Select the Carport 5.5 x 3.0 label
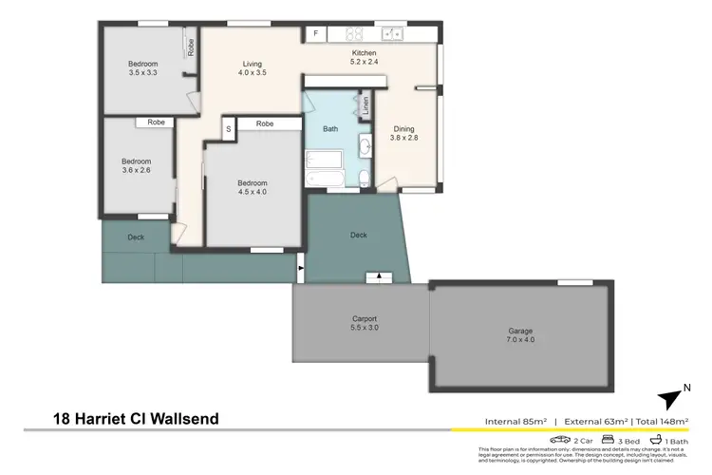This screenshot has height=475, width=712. click(x=360, y=324)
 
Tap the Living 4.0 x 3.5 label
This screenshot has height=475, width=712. click(x=252, y=69)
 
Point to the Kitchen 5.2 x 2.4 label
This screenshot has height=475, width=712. click(x=365, y=59)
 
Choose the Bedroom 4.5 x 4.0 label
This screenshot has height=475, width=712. click(x=253, y=188)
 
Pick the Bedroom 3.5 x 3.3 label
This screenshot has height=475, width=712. click(x=144, y=69)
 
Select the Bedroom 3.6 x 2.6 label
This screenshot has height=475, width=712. click(x=137, y=167)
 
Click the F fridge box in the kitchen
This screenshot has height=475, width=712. click(x=315, y=33)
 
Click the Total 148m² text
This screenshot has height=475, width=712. click(x=661, y=420)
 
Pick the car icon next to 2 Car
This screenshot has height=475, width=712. click(x=561, y=441)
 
